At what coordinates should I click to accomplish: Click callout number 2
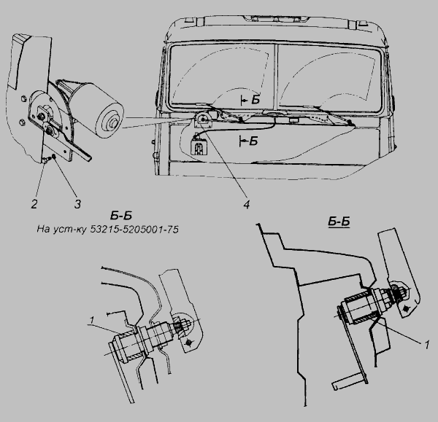(x=34, y=204)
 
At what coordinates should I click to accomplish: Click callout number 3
(x=77, y=204)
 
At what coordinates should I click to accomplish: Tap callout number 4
(x=247, y=205)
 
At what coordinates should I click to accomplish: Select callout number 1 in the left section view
(x=92, y=321)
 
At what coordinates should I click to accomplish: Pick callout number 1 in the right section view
(x=426, y=345)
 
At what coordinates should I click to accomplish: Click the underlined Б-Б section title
(x=339, y=222)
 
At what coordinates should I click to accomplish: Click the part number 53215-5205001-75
(x=134, y=230)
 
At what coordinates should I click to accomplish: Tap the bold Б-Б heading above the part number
(x=121, y=216)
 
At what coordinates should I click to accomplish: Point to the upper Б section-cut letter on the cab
(x=255, y=100)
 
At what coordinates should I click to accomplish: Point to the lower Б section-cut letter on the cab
(x=253, y=141)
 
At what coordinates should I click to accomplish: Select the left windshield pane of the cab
(x=223, y=74)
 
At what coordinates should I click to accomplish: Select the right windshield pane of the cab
(x=330, y=78)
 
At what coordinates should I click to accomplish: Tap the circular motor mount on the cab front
(x=203, y=120)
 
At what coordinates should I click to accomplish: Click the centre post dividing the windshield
(x=277, y=76)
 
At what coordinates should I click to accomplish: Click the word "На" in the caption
(x=43, y=230)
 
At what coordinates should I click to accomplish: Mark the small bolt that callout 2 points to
(x=45, y=160)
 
